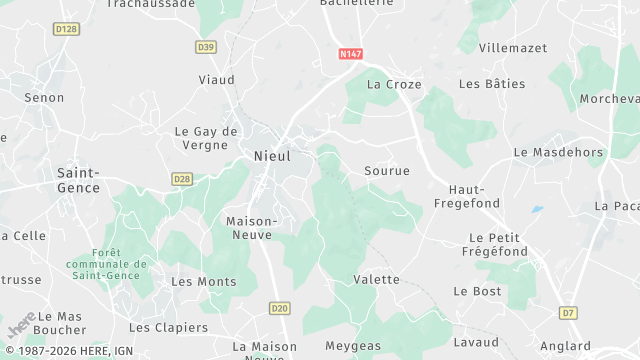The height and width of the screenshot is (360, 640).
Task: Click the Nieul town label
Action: tap(273, 157)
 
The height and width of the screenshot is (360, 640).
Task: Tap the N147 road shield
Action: tap(350, 54)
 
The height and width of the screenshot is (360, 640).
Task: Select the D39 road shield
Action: tap(206, 47)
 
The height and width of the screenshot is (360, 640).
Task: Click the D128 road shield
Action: tap(66, 29)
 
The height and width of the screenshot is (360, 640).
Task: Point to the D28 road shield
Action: tap(181, 179)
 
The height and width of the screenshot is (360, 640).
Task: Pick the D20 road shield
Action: tap(279, 309)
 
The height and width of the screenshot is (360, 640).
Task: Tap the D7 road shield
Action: tap(568, 313)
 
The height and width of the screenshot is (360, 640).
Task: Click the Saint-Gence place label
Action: tap(78, 180)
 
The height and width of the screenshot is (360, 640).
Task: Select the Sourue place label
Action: tap(387, 171)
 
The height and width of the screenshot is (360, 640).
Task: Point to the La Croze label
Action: tap(394, 85)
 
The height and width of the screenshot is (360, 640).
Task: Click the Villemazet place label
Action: tap(514, 47)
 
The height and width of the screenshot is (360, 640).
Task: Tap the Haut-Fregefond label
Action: tap(460, 196)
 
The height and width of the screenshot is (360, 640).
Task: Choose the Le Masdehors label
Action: tap(558, 152)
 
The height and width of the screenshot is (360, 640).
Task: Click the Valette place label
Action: tap(377, 280)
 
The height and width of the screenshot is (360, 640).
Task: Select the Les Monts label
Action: tap(204, 282)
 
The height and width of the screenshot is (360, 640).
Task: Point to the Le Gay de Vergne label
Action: tap(207, 138)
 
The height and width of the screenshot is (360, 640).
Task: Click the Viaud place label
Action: tap(217, 80)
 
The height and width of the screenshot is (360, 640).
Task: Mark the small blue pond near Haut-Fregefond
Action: tap(538, 210)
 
